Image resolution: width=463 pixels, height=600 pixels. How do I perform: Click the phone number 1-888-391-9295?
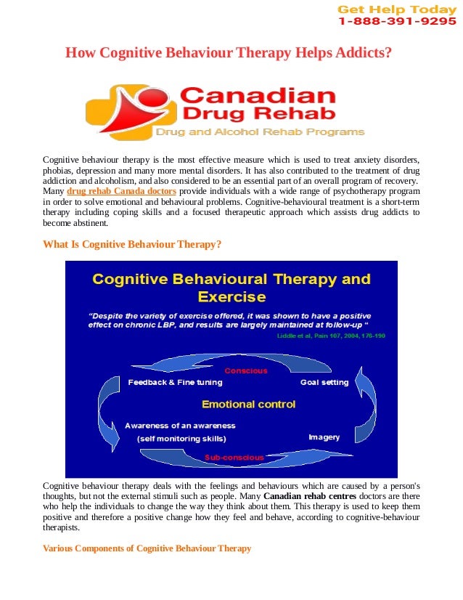coord(396,22)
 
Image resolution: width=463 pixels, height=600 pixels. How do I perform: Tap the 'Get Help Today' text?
coord(396,9)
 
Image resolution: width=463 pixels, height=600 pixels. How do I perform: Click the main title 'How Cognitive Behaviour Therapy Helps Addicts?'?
coord(229,53)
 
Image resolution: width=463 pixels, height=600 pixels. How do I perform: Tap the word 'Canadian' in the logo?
coord(257,96)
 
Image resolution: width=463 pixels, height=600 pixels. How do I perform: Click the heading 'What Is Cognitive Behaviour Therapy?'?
coord(132,245)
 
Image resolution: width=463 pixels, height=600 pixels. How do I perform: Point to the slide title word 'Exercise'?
coord(231,297)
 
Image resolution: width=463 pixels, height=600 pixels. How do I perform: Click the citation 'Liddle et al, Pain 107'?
coord(331,336)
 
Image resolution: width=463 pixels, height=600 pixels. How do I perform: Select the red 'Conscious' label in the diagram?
coord(245,371)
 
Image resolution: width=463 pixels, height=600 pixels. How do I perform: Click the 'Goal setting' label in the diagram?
coord(324,382)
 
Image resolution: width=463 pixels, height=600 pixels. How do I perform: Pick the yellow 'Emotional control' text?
coord(248,404)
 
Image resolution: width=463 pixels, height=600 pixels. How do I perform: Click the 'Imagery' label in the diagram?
coord(324,437)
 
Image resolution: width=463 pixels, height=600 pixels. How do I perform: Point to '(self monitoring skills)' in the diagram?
coord(181,439)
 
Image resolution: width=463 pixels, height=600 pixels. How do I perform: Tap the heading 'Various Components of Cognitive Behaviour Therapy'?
coord(147,548)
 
